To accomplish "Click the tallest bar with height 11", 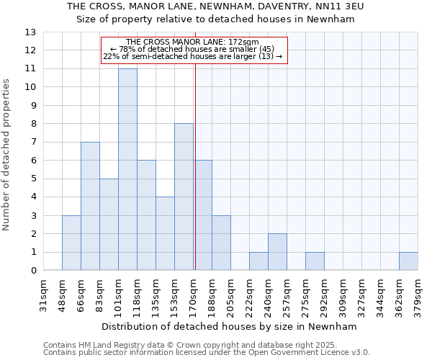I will click(x=127, y=169).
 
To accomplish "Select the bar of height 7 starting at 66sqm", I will click(x=90, y=206).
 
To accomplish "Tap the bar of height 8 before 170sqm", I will click(x=184, y=197).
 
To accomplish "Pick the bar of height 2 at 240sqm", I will click(x=277, y=252).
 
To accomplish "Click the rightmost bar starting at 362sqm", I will click(x=408, y=261).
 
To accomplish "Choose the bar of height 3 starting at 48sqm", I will click(x=71, y=243).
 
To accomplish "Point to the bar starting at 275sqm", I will click(x=315, y=261).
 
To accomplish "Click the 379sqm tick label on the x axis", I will click(x=418, y=297).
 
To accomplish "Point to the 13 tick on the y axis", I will click(x=30, y=32).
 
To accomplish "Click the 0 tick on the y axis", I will click(x=33, y=271).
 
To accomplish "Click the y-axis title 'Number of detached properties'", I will click(x=7, y=155).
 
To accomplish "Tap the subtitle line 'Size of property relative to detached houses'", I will click(x=216, y=19).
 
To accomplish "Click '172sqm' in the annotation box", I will click(x=244, y=42).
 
